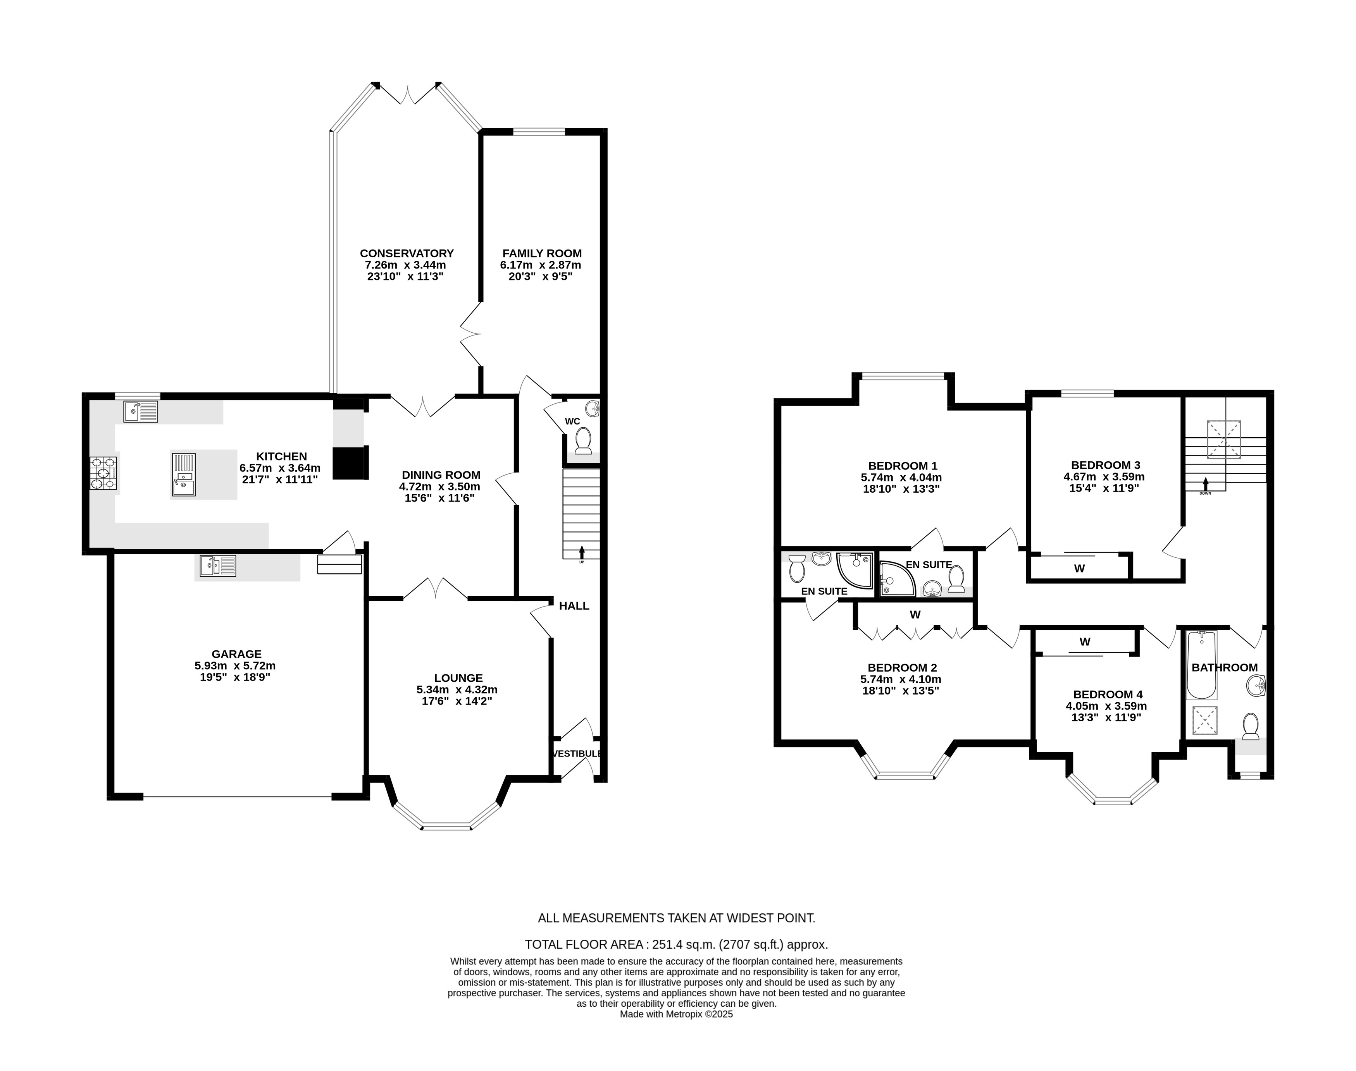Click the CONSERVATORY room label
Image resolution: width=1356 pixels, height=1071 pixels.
click(x=407, y=253)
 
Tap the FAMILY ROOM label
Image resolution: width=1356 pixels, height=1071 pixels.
click(x=542, y=253)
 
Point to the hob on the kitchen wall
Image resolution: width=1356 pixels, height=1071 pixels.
click(x=104, y=473)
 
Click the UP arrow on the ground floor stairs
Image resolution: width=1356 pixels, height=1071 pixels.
click(x=581, y=552)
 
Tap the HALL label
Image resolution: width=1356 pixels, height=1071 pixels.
click(x=574, y=606)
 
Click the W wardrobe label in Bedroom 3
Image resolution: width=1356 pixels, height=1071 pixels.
click(x=1079, y=569)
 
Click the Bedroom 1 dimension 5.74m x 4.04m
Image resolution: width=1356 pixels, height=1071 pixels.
click(x=901, y=477)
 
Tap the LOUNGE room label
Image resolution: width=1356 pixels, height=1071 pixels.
click(x=458, y=678)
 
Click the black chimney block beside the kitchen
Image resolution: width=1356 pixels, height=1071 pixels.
click(x=349, y=463)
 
